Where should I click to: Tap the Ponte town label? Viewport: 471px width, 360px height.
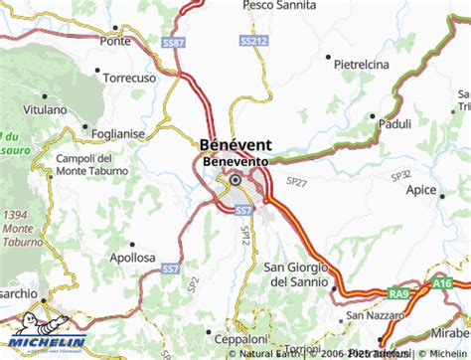pyautogui.click(x=115, y=41)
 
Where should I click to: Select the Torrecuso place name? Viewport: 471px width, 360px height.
pyautogui.click(x=136, y=76)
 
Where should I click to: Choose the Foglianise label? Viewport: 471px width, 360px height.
pyautogui.click(x=118, y=131)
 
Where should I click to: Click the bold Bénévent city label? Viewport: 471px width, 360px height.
pyautogui.click(x=236, y=143)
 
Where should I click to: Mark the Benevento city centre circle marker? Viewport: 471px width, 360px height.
pyautogui.click(x=235, y=181)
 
